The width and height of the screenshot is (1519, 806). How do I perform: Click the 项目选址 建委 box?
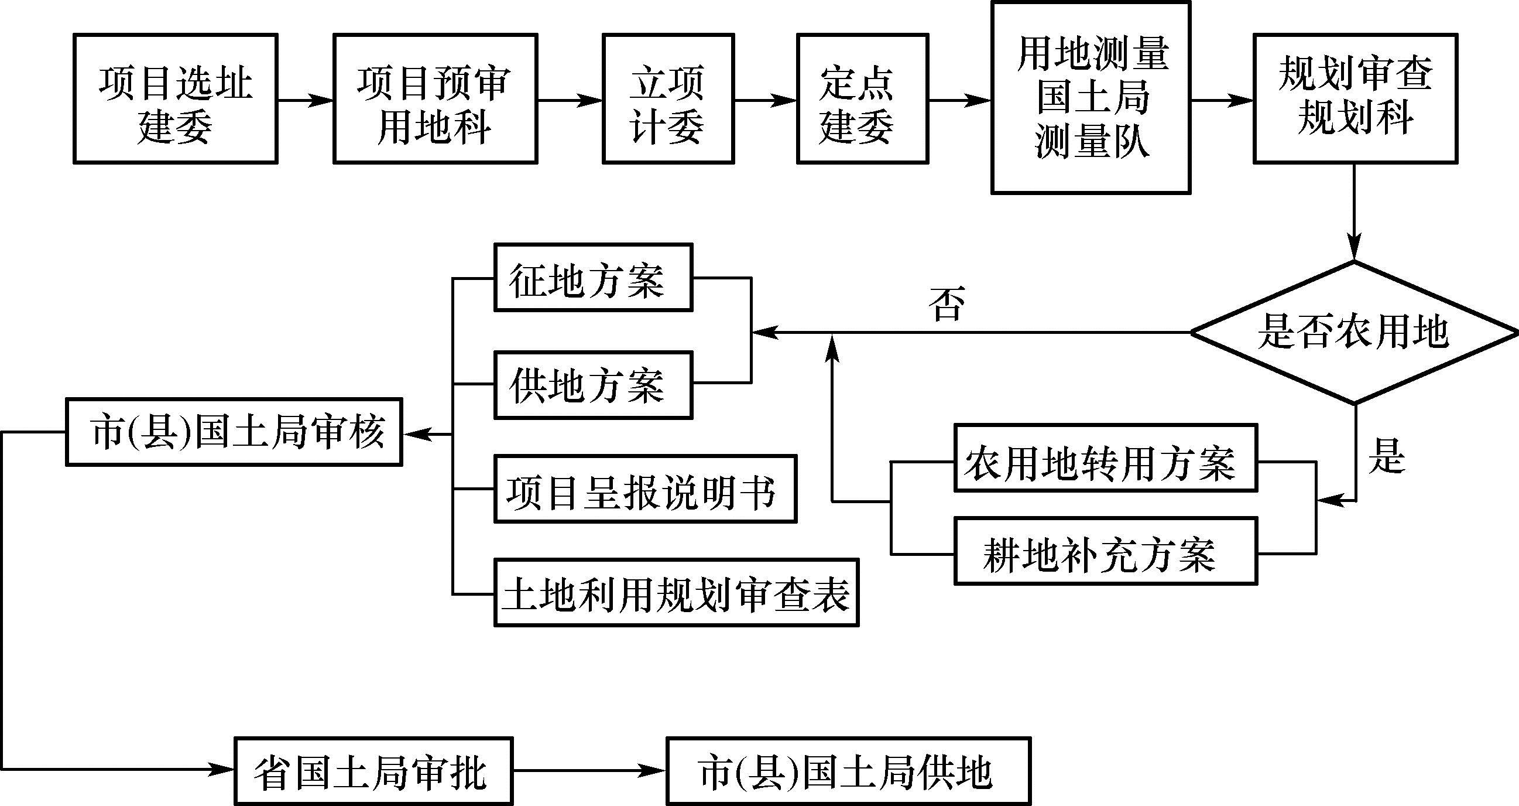point(175,98)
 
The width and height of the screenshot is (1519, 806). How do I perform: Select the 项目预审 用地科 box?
point(435,98)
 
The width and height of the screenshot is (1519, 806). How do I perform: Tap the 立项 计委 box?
point(668,98)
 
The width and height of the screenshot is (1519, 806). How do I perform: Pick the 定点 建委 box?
point(863,98)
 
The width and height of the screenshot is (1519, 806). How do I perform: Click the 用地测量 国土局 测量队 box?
point(1091,97)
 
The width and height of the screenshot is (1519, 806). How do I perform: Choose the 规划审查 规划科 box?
point(1355,98)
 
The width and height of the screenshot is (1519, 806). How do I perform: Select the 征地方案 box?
point(593,277)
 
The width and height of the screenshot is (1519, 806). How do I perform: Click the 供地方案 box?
point(593,385)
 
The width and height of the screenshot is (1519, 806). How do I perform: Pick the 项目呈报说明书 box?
point(645,489)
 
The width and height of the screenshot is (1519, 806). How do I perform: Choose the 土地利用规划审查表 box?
point(676,592)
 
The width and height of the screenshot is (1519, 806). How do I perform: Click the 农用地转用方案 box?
point(1106,458)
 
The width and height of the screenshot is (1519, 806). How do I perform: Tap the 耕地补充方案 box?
point(1106,551)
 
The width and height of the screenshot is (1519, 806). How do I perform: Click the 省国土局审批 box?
point(373,771)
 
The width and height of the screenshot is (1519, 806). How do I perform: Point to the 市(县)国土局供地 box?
point(849,771)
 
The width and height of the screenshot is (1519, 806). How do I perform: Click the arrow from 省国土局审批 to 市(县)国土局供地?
point(589,771)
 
